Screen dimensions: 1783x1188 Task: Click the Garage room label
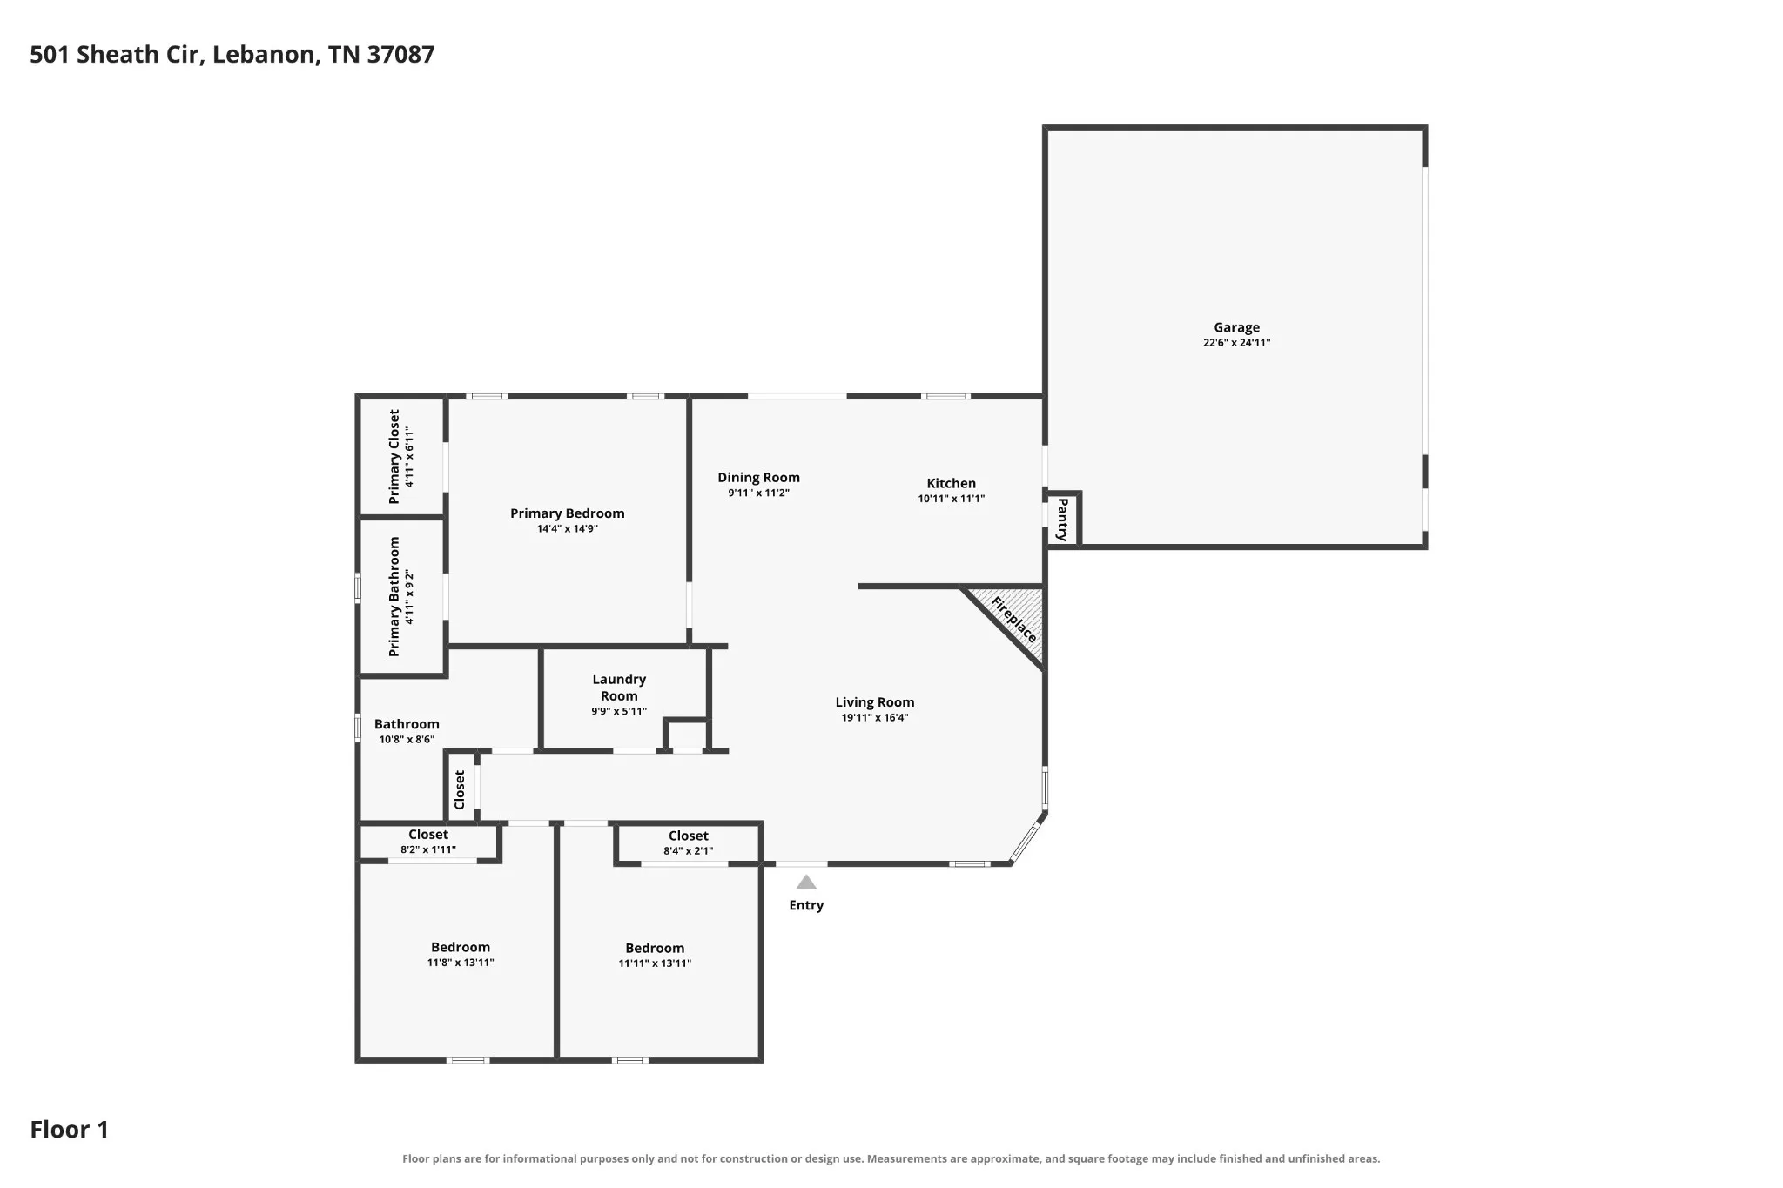pyautogui.click(x=1236, y=327)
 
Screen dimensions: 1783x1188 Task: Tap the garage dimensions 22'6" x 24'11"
pyautogui.click(x=1236, y=343)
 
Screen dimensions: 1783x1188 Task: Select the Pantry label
pyautogui.click(x=1062, y=520)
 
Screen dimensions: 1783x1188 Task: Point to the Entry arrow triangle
pyautogui.click(x=806, y=883)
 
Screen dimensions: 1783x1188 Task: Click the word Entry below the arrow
pyautogui.click(x=806, y=905)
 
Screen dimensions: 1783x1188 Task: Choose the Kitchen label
pyautogui.click(x=951, y=483)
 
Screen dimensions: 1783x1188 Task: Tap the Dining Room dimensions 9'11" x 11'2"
pyautogui.click(x=758, y=493)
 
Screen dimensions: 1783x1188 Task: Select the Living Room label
pyautogui.click(x=875, y=702)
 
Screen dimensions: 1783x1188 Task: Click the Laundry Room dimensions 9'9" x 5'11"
pyautogui.click(x=619, y=711)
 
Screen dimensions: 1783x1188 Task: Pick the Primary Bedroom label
pyautogui.click(x=568, y=513)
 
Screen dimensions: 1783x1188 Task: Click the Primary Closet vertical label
pyautogui.click(x=394, y=456)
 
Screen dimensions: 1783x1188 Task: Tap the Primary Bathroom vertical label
pyautogui.click(x=394, y=596)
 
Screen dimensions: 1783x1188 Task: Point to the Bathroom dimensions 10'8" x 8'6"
pyautogui.click(x=407, y=740)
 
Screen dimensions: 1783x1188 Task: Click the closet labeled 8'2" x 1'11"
pyautogui.click(x=428, y=842)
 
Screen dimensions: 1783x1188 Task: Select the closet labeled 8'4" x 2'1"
pyautogui.click(x=689, y=842)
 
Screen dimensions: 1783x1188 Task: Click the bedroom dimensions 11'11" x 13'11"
pyautogui.click(x=655, y=963)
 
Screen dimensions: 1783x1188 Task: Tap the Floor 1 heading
pyautogui.click(x=70, y=1130)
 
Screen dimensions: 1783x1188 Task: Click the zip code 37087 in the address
pyautogui.click(x=400, y=55)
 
